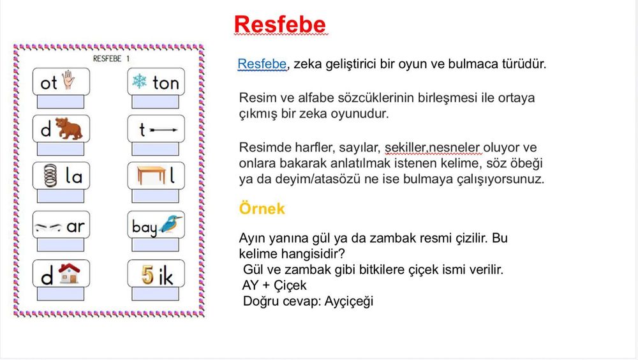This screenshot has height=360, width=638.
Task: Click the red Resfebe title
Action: (280, 24)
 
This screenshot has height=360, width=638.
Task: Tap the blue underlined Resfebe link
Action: (262, 64)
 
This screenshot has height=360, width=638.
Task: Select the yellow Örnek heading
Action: (262, 208)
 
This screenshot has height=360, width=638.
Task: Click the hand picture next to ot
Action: (68, 80)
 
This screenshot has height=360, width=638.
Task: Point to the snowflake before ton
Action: (139, 81)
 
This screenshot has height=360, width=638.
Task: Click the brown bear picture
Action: (69, 128)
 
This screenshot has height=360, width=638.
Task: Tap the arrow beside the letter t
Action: (163, 130)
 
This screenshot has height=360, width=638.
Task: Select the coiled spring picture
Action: (50, 176)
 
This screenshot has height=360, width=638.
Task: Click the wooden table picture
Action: (151, 175)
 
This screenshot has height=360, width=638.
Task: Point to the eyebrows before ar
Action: (48, 227)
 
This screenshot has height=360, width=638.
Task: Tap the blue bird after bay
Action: (170, 223)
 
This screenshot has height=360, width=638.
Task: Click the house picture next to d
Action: (69, 273)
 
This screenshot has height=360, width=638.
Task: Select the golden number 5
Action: (147, 275)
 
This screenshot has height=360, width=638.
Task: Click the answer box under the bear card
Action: (61, 149)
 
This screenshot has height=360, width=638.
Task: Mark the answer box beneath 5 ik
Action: (156, 294)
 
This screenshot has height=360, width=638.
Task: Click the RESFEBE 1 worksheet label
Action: (111, 59)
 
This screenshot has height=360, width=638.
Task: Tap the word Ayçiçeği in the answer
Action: (349, 301)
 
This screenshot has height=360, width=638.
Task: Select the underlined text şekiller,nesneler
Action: (433, 147)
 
